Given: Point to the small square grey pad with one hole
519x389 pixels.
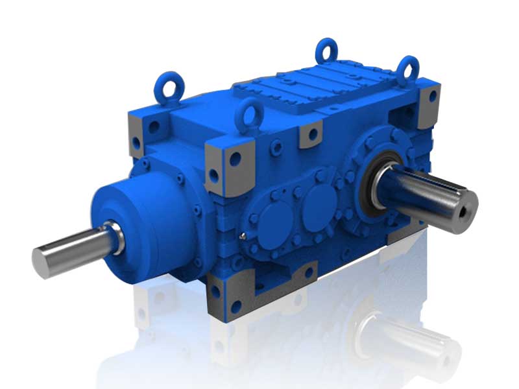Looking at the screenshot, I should [311, 134].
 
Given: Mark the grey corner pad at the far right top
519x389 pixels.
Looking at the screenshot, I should [428, 104].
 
